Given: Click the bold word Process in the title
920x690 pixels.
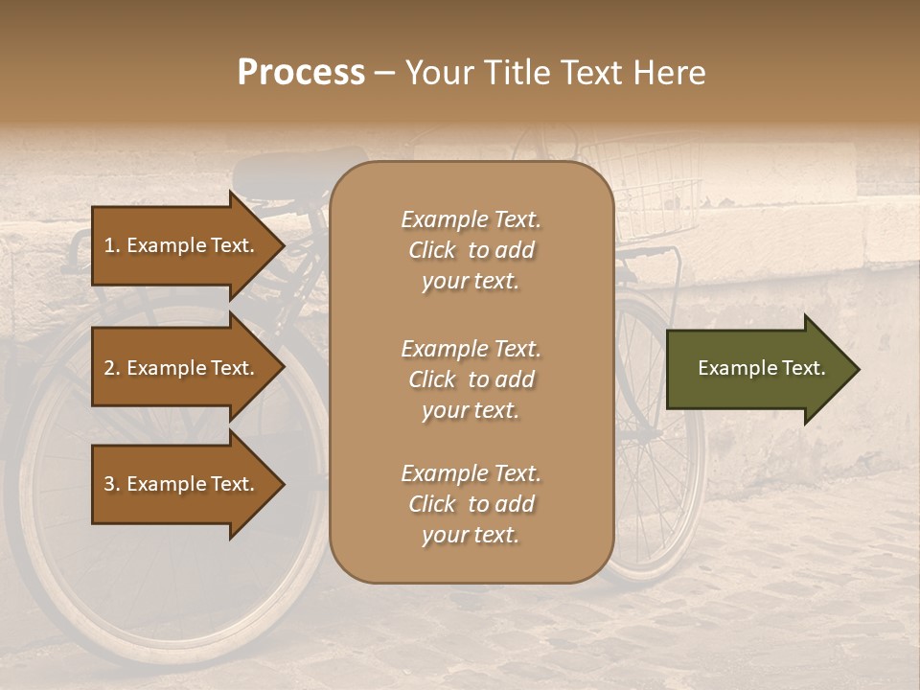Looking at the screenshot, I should [x=301, y=73].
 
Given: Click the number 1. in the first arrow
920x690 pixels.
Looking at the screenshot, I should [x=112, y=245].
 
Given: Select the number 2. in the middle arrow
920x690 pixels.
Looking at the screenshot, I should [x=112, y=368].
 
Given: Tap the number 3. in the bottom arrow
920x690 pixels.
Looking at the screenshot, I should [x=112, y=484].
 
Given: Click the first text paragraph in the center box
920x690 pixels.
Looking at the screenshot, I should [x=471, y=250].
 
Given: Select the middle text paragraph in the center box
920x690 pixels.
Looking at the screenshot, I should [x=471, y=379].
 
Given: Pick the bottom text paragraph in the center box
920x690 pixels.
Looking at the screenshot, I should [x=471, y=504].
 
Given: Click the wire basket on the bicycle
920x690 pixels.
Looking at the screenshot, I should [x=642, y=187].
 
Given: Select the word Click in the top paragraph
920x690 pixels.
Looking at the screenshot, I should [x=432, y=250].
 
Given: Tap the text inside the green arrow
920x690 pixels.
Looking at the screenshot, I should [x=761, y=368].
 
